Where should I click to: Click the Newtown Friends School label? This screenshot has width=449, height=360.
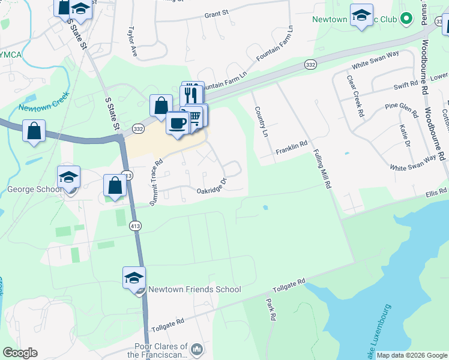click(194, 289)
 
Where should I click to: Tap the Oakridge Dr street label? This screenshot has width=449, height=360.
click(212, 186)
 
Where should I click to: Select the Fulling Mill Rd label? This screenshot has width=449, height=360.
click(321, 170)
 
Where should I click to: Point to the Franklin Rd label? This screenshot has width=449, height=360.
click(292, 145)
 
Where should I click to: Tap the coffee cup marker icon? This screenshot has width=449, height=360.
click(177, 123)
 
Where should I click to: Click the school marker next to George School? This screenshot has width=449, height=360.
click(69, 178)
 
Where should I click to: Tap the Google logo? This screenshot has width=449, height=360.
click(19, 353)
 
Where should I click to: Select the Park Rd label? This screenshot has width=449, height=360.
click(271, 309)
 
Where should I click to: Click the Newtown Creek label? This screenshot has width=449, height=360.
click(37, 109)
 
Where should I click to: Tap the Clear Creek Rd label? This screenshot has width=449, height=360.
click(355, 96)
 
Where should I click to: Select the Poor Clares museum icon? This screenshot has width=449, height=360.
click(196, 349)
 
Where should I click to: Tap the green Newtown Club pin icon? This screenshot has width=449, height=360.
click(406, 19)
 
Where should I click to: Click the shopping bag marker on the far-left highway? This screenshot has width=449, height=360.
click(34, 130)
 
